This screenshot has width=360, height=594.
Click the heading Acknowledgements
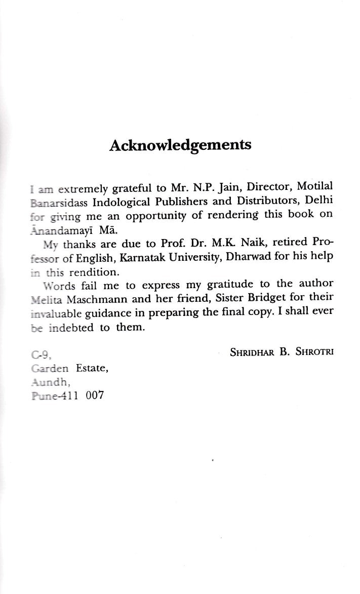180,145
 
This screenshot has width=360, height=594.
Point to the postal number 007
95,395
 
